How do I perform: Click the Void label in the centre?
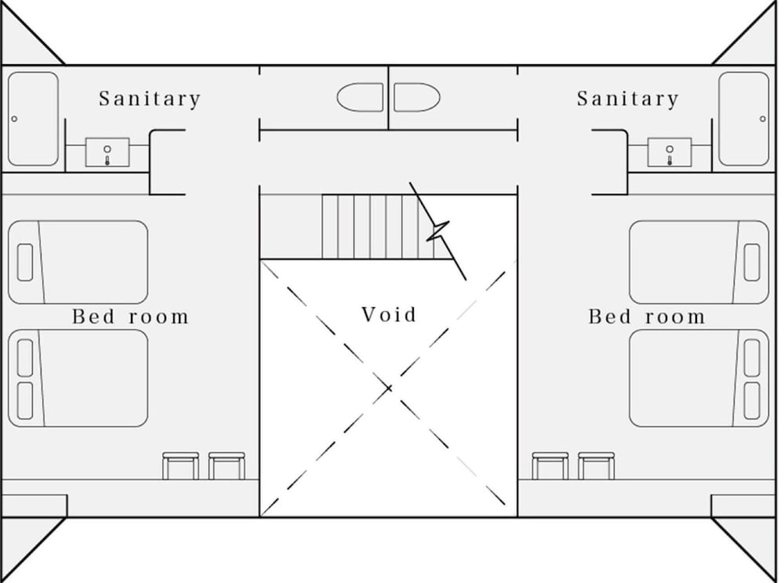click(389, 315)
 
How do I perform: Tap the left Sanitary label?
click(150, 99)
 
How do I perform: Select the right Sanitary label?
click(628, 99)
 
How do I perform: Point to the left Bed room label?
click(130, 317)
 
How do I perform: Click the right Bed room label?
click(647, 317)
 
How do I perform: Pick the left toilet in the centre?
click(360, 97)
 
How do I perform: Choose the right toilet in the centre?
click(417, 97)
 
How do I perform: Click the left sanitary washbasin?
click(107, 152)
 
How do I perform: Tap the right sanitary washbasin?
click(670, 152)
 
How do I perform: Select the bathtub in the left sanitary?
click(33, 119)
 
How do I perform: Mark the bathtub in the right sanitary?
click(743, 119)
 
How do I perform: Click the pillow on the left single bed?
click(25, 263)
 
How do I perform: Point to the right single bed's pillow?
click(752, 263)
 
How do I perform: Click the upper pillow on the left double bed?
click(25, 357)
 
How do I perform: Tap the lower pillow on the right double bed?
click(752, 400)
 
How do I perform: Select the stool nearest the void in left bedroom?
click(227, 466)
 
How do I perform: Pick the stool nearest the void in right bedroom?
click(550, 466)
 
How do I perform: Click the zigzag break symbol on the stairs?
click(438, 230)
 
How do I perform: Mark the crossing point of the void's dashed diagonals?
click(389, 388)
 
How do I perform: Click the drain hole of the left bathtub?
click(14, 119)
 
